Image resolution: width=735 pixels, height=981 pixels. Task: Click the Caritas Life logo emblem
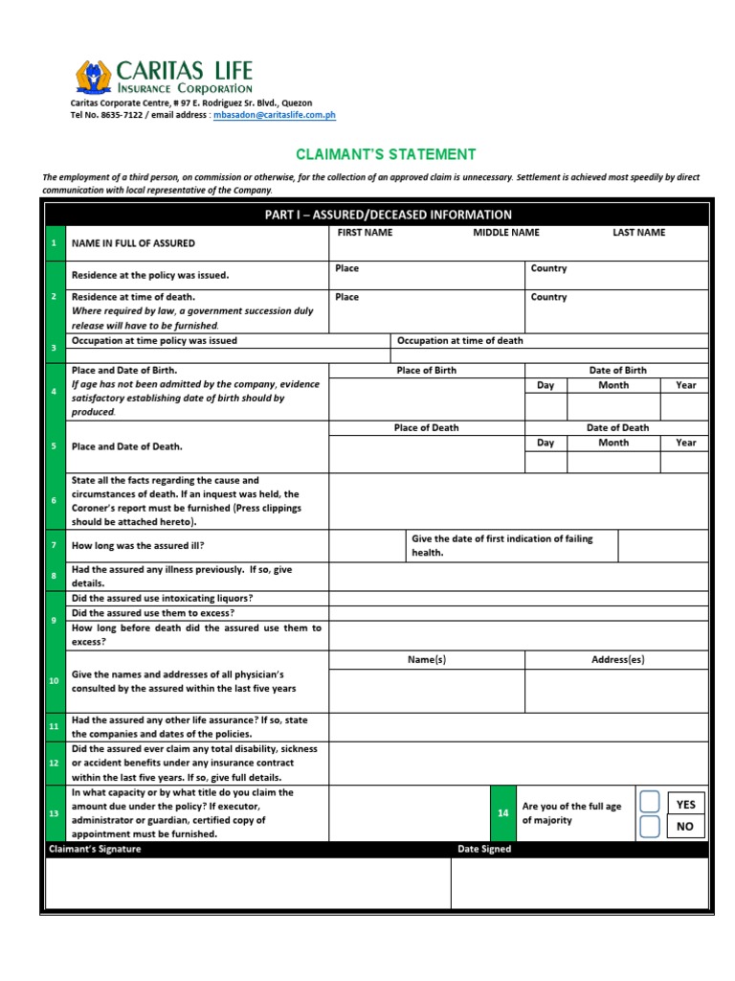tap(93, 77)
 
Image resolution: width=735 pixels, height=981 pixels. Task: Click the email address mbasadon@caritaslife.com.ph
tap(274, 115)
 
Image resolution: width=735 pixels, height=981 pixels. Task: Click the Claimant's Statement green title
tap(386, 154)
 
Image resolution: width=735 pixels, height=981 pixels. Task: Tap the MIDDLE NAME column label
tap(505, 233)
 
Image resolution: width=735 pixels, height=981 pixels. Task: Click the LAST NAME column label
tap(638, 233)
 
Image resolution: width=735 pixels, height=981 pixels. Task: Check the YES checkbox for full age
tap(650, 803)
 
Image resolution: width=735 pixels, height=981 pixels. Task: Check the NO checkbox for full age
tap(650, 827)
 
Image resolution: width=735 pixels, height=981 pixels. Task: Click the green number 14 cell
tap(503, 813)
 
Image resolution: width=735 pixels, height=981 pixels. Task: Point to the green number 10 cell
tap(54, 680)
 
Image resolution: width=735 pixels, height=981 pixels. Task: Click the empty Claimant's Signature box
tap(248, 882)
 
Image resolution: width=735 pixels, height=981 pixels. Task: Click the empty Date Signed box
tap(579, 882)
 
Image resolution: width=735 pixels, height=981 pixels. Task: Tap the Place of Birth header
tap(426, 370)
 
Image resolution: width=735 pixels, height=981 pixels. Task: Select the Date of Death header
tap(617, 427)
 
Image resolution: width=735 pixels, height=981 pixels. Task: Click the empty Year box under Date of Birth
tap(684, 406)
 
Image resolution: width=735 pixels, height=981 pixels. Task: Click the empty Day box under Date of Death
tap(546, 463)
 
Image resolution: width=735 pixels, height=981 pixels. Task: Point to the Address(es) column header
tap(617, 660)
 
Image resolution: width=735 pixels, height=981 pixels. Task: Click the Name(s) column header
tap(426, 660)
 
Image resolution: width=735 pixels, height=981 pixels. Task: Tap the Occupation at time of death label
tap(460, 340)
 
